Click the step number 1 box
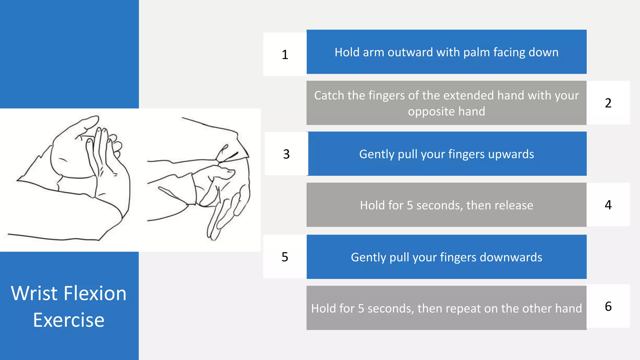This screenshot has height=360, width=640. click(x=285, y=54)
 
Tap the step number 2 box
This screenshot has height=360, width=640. click(x=608, y=103)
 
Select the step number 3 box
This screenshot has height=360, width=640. click(x=286, y=154)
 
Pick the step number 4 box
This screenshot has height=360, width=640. click(x=608, y=205)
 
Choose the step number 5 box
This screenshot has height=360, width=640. click(x=285, y=257)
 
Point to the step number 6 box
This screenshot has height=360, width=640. click(x=608, y=306)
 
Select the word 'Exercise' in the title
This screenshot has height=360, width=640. click(x=69, y=320)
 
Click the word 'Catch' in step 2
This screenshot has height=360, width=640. click(x=329, y=95)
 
